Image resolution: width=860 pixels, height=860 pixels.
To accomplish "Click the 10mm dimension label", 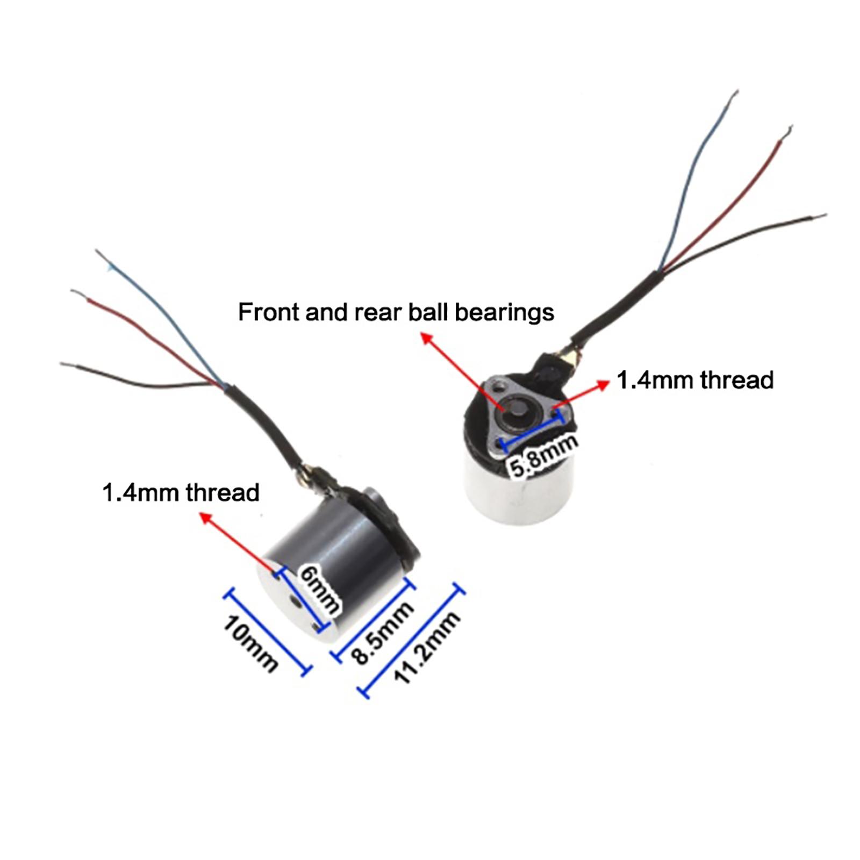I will (250, 643).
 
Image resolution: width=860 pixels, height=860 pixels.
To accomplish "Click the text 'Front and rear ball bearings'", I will (396, 312).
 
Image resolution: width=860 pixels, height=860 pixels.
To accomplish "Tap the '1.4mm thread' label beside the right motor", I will (694, 380).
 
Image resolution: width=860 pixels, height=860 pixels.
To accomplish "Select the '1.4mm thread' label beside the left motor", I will (181, 492).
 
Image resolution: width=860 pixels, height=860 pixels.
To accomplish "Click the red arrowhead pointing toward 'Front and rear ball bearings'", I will (426, 338).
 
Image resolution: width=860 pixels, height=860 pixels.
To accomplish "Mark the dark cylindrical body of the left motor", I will (344, 543).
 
